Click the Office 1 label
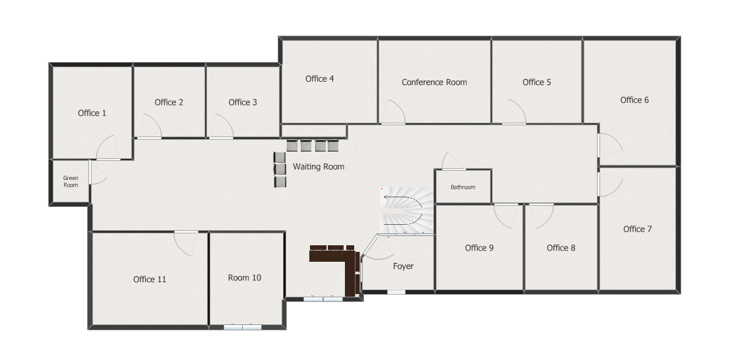pos(92,113)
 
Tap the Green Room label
pos(71,181)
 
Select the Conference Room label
pos(434,82)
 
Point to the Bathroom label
pos(463,187)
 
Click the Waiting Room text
pos(318,167)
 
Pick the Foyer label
pos(403,266)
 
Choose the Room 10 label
pos(244,278)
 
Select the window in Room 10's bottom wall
pos(243,327)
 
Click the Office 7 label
pos(637,229)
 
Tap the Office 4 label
pos(320,78)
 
